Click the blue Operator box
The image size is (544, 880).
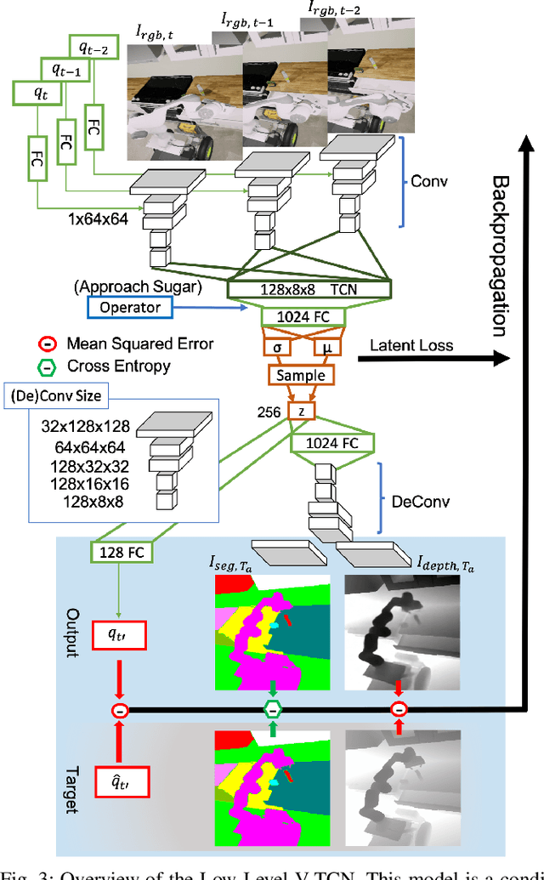(x=129, y=306)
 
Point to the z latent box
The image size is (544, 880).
(x=301, y=412)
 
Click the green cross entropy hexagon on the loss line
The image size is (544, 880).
(x=272, y=709)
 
